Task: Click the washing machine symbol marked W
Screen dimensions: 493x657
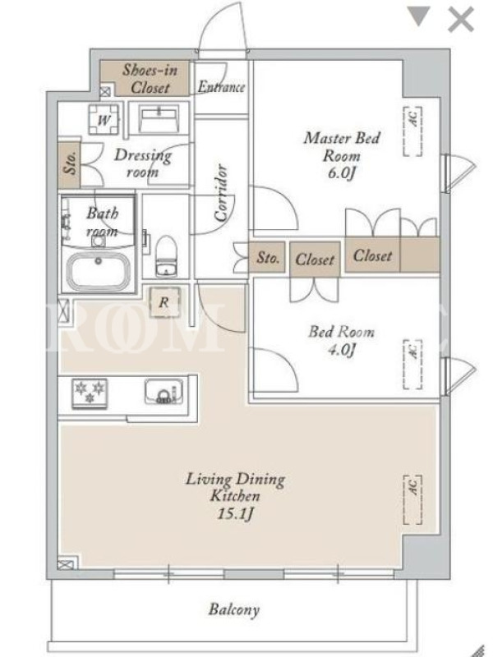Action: click(x=104, y=119)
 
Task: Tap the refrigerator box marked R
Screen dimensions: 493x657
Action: click(x=164, y=301)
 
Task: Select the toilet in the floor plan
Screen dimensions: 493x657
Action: click(x=167, y=256)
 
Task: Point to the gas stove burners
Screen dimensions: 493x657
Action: click(x=90, y=393)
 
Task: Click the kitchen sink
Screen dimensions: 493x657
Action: click(x=164, y=393)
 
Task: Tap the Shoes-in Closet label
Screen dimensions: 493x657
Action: click(x=150, y=79)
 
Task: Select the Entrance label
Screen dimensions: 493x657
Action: click(x=221, y=87)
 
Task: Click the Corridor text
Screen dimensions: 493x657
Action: click(x=221, y=192)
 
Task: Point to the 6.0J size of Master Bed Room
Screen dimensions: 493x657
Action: click(x=342, y=173)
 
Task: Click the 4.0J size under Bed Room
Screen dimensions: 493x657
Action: click(x=342, y=350)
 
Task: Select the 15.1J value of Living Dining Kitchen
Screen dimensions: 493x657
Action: click(x=235, y=513)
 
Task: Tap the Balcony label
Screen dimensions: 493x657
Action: click(x=234, y=609)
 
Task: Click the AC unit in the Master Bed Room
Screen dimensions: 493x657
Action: click(x=412, y=131)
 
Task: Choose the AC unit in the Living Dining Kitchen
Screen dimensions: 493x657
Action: click(x=412, y=499)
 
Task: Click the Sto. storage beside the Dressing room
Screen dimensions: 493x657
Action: click(x=69, y=165)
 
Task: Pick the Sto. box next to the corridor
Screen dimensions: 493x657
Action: click(x=268, y=257)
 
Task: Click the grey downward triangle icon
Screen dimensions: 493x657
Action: click(x=419, y=16)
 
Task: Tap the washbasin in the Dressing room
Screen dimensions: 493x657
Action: click(x=159, y=118)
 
